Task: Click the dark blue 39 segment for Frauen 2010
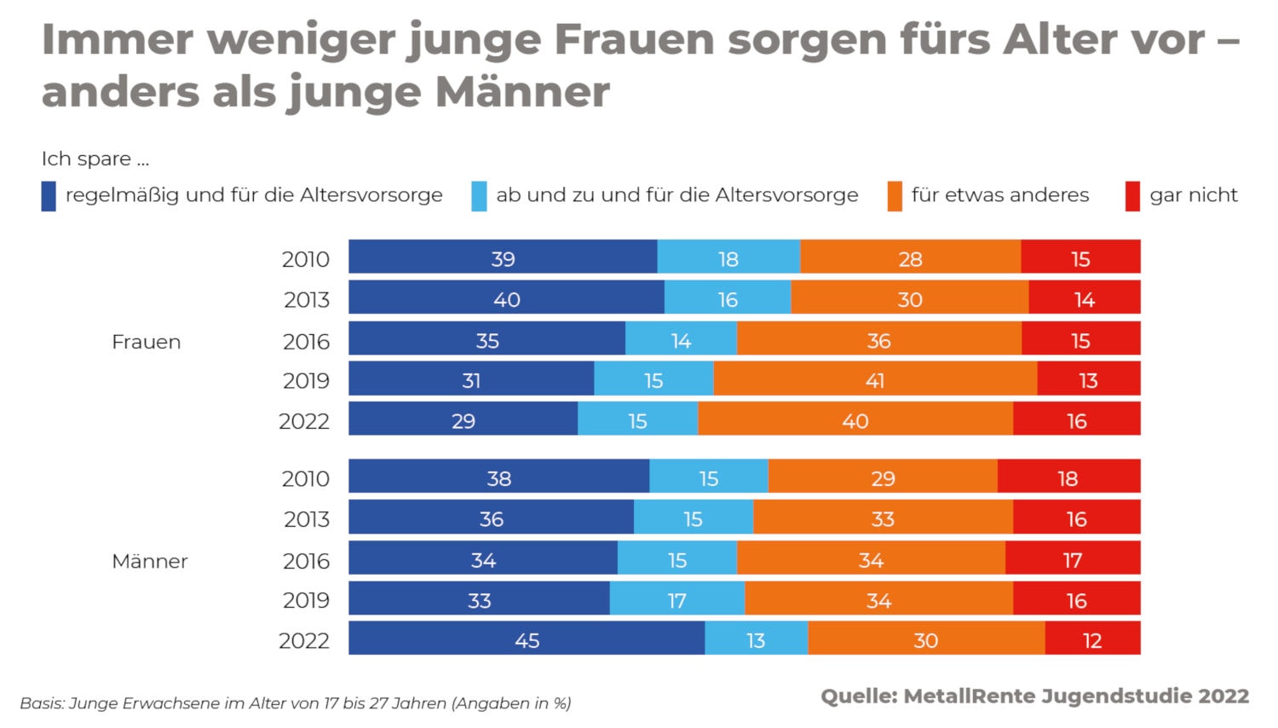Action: pos(503,257)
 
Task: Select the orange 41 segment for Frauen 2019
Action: pos(875,379)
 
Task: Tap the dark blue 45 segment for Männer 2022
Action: pos(527,639)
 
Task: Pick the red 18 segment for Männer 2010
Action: pos(1068,477)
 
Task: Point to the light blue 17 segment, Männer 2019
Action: pos(676,599)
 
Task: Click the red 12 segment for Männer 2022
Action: pos(1092,639)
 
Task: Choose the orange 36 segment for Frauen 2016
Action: pos(878,339)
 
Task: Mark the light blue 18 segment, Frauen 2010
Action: pos(728,257)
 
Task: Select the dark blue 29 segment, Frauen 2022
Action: pos(463,419)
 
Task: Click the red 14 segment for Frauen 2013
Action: pos(1084,298)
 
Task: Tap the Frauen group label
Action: pos(147,342)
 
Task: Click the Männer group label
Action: pos(150,561)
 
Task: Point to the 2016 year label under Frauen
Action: pos(306,341)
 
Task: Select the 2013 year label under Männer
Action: pos(306,518)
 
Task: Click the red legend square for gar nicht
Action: pos(1132,196)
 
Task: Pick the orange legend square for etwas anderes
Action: pos(895,196)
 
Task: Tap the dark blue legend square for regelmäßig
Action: pos(49,196)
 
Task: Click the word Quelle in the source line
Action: pos(858,696)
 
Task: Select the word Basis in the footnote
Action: pos(42,703)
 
